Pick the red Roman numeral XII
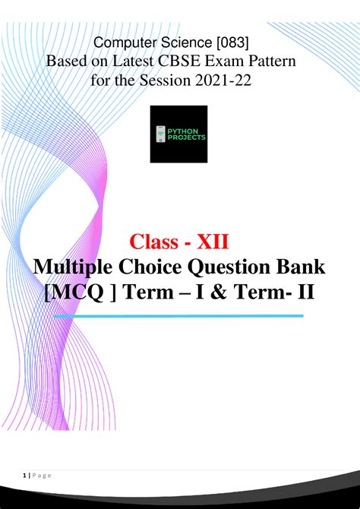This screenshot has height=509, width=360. (x=219, y=244)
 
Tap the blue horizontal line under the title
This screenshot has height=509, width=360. (x=179, y=315)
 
